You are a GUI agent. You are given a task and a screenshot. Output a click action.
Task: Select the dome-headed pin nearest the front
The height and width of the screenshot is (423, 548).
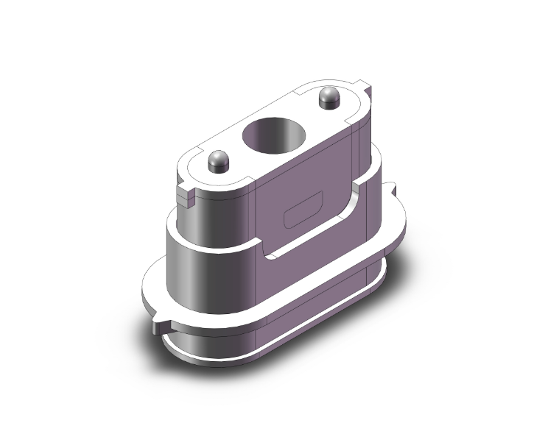218,160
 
